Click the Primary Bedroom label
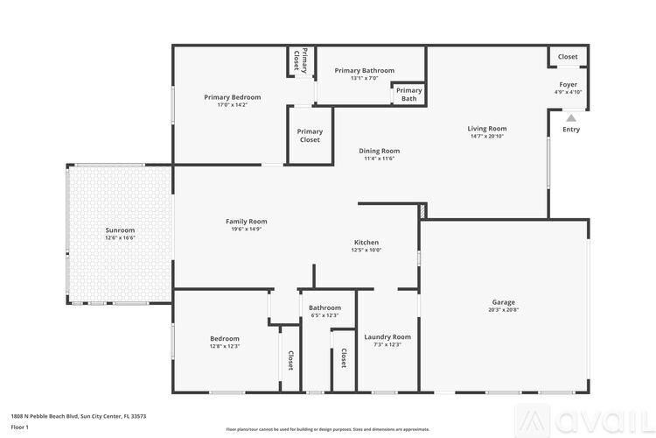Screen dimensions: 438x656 [233, 97]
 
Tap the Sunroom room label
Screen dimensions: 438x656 [121, 230]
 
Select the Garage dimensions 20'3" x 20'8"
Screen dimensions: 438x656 [504, 309]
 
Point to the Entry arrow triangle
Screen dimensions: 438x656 [571, 118]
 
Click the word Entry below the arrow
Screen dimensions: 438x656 [571, 130]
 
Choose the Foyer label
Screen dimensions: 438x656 [568, 84]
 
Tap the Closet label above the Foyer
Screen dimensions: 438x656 [568, 57]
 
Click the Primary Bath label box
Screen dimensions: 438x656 [409, 95]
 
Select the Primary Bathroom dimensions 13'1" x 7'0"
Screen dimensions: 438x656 [364, 79]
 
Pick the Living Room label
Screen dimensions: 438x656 [487, 129]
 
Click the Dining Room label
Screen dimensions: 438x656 [379, 151]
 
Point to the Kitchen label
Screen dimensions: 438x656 [366, 243]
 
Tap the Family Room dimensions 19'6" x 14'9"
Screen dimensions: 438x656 [246, 229]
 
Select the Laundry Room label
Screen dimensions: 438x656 [387, 337]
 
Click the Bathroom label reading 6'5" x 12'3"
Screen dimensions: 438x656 [325, 315]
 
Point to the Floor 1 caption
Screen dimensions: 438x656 [20, 427]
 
